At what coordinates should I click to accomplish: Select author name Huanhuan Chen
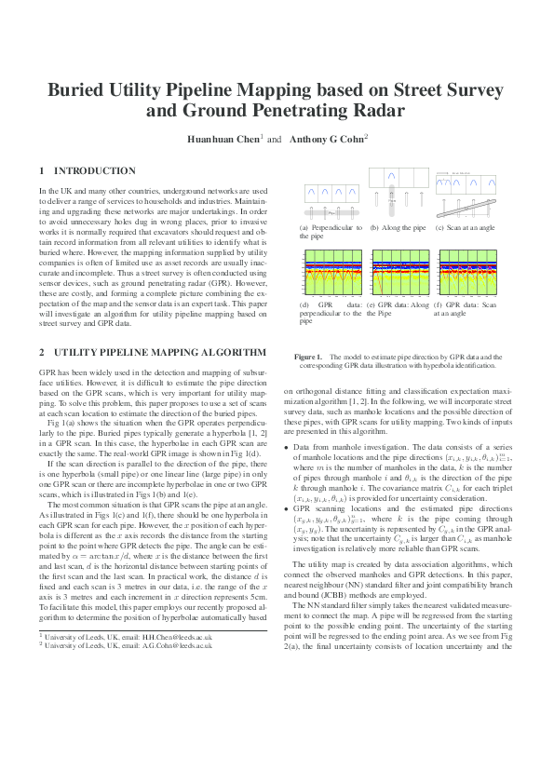click(224, 138)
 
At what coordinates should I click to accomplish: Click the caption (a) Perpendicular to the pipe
click(330, 232)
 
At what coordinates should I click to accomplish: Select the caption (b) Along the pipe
click(398, 227)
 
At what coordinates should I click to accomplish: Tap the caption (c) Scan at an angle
click(466, 227)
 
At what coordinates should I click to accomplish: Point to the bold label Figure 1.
click(308, 357)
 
